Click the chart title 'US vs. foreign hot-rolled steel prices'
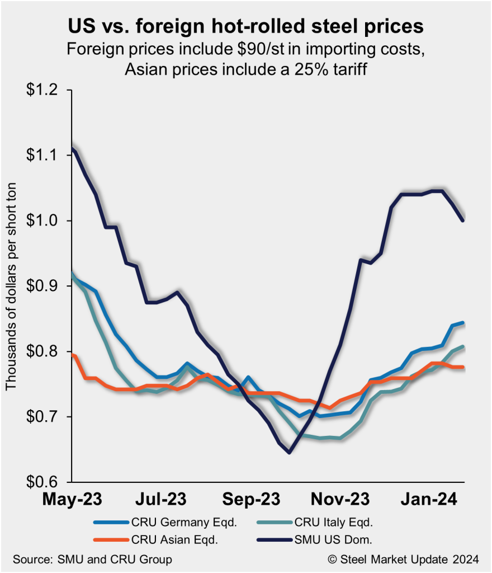[245, 27]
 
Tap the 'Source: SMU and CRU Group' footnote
[93, 559]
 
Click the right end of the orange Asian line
[464, 367]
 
